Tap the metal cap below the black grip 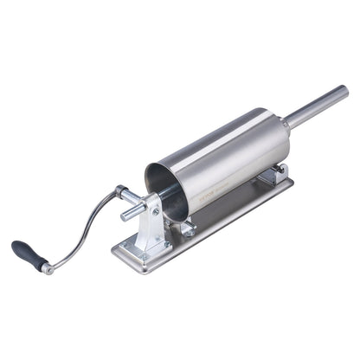click(48, 269)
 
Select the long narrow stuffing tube click(316, 103)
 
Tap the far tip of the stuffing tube click(344, 90)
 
